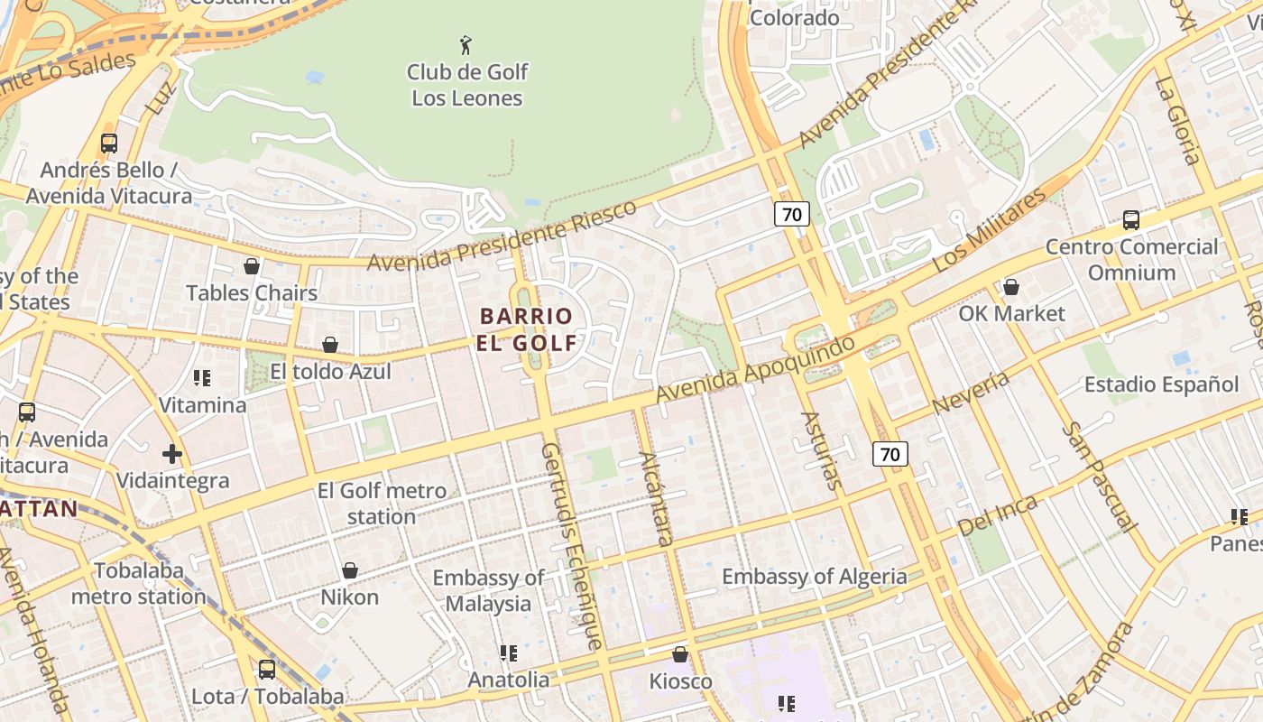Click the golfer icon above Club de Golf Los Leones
pyautogui.click(x=466, y=44)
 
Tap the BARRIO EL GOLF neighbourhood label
pyautogui.click(x=528, y=329)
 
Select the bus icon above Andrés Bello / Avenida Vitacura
pyautogui.click(x=109, y=143)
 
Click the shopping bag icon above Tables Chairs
pyautogui.click(x=252, y=266)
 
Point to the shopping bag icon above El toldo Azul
pyautogui.click(x=330, y=345)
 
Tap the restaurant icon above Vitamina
pyautogui.click(x=202, y=377)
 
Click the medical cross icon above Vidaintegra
pyautogui.click(x=172, y=453)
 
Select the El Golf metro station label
pyautogui.click(x=382, y=504)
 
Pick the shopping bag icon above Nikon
pyautogui.click(x=350, y=570)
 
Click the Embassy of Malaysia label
pyautogui.click(x=488, y=590)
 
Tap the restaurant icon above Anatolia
pyautogui.click(x=508, y=653)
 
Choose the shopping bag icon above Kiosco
pyautogui.click(x=680, y=654)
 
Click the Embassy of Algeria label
pyautogui.click(x=814, y=577)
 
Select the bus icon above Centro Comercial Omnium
pyautogui.click(x=1130, y=219)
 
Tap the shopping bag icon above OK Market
pyautogui.click(x=1011, y=287)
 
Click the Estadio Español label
pyautogui.click(x=1161, y=384)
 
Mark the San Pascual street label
pyautogui.click(x=1099, y=476)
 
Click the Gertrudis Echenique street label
pyautogui.click(x=571, y=545)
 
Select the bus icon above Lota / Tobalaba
pyautogui.click(x=267, y=670)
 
